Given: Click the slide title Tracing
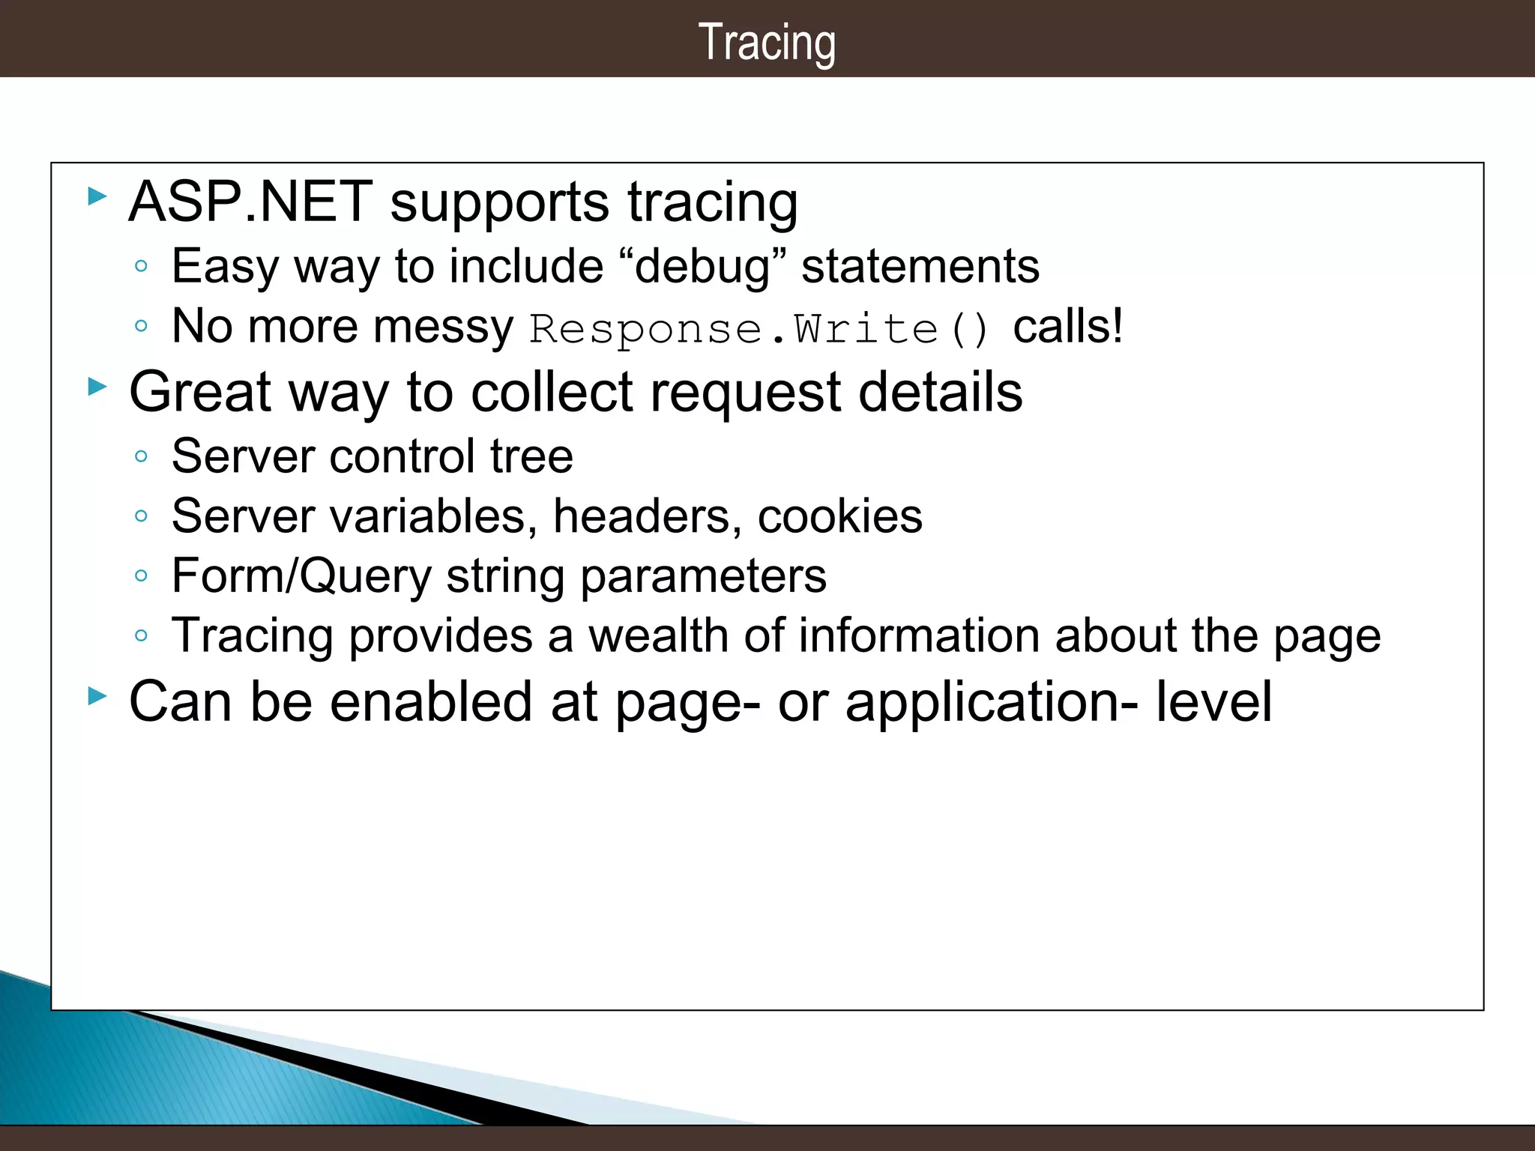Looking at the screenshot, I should click(x=767, y=43).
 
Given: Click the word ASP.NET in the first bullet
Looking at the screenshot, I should click(x=250, y=202).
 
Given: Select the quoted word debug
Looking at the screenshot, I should click(x=702, y=267).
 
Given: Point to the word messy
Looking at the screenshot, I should click(x=443, y=327).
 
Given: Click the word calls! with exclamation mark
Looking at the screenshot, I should click(x=1068, y=327).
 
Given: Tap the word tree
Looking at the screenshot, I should click(x=531, y=456).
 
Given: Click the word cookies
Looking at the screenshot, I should click(x=839, y=516).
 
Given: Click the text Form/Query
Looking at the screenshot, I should click(x=302, y=576).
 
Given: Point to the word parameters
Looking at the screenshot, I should click(x=703, y=577).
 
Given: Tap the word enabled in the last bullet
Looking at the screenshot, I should click(x=432, y=702).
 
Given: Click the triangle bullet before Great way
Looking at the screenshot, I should click(x=97, y=387).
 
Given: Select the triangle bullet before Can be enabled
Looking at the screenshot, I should click(x=97, y=695).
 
